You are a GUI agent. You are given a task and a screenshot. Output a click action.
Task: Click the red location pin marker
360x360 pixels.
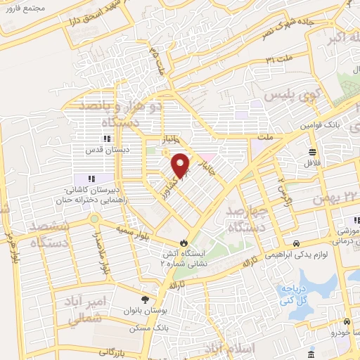pos(181,165)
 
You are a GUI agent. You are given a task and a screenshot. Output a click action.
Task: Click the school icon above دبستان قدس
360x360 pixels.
pos(108,139)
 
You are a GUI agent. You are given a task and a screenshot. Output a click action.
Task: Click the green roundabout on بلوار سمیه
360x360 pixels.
pos(93,219)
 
